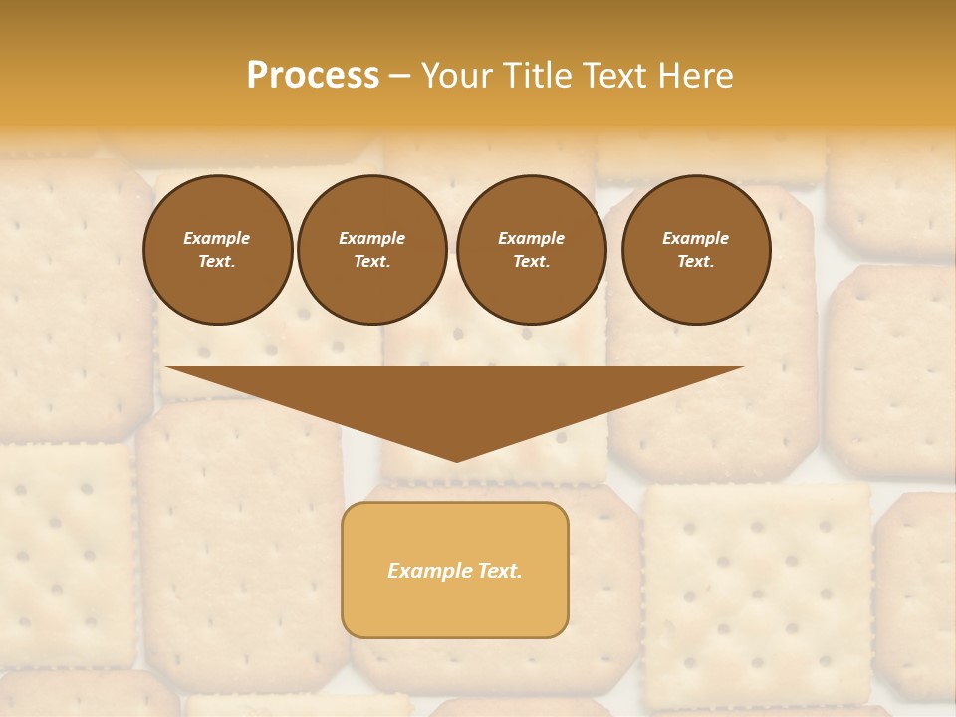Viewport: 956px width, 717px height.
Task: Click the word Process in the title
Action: [x=313, y=76]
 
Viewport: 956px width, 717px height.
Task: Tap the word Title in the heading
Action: [x=530, y=76]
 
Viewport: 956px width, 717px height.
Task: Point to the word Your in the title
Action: [x=454, y=76]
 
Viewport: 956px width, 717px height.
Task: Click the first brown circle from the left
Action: [x=217, y=249]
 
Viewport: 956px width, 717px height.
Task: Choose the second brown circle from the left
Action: [x=372, y=249]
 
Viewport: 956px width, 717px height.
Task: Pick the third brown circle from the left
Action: [x=531, y=249]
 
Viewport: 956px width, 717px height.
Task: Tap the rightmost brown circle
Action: [x=696, y=249]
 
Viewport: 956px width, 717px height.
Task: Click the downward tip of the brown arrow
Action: [x=456, y=459]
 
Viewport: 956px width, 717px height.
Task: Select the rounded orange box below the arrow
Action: [x=455, y=570]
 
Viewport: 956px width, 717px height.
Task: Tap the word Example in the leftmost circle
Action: [x=217, y=238]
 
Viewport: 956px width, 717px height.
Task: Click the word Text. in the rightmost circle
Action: [x=696, y=261]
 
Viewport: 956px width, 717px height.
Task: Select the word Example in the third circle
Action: [x=531, y=238]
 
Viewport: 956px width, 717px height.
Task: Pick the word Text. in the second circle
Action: [x=372, y=261]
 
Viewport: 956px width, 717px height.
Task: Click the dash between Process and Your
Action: [x=400, y=76]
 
